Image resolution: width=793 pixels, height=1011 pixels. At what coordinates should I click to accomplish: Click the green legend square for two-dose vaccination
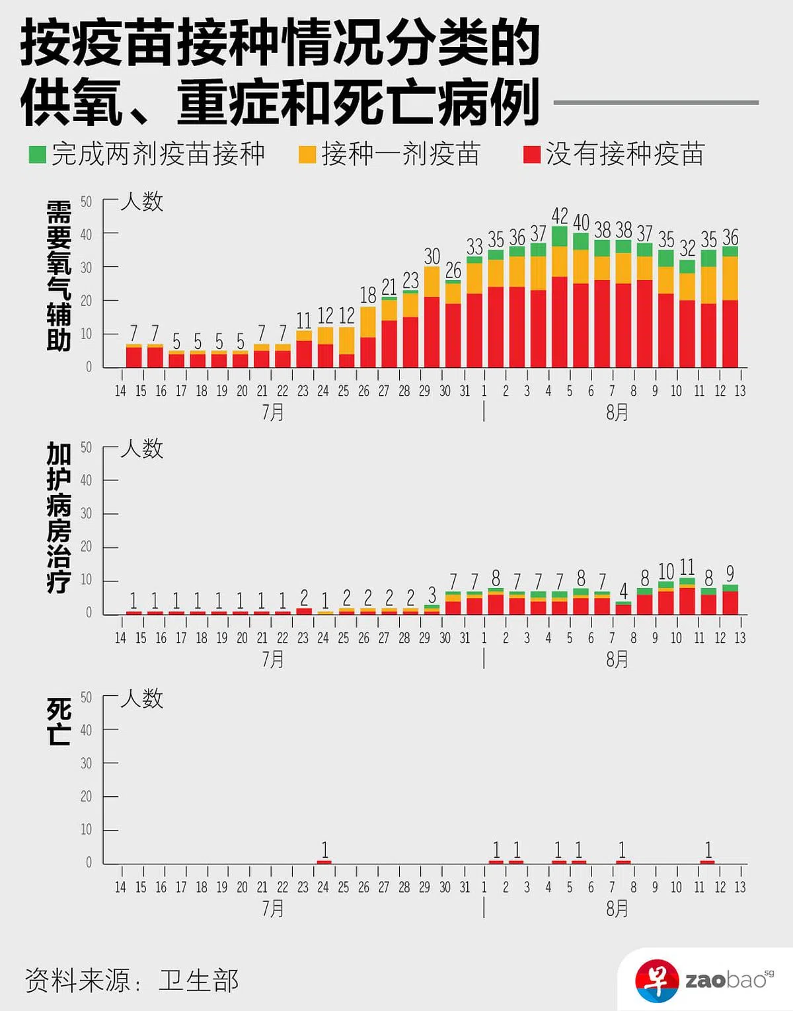(38, 155)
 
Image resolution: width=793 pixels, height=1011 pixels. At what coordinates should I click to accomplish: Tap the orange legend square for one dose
(307, 155)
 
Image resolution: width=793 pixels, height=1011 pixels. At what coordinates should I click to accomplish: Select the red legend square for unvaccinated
(532, 155)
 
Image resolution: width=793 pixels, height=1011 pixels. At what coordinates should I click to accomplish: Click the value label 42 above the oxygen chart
(560, 216)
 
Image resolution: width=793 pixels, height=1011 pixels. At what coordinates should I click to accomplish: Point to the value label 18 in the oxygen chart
(368, 295)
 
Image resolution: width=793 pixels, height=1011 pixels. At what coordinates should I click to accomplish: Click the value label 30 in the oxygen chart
(432, 256)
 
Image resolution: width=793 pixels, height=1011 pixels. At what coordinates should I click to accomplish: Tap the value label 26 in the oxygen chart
(453, 270)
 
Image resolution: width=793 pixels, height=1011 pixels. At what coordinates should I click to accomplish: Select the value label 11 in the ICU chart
(687, 567)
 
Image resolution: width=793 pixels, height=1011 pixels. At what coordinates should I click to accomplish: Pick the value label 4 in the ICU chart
(623, 591)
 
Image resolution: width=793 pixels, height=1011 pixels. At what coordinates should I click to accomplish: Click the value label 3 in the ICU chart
(432, 594)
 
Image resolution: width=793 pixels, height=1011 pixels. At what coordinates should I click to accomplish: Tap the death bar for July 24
(324, 862)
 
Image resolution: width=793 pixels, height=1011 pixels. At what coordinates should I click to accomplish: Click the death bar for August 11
(708, 862)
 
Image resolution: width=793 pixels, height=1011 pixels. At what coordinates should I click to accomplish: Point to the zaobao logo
(704, 979)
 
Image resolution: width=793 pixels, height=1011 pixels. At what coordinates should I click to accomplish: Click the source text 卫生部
(199, 981)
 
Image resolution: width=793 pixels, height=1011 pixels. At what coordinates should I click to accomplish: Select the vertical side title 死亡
(59, 722)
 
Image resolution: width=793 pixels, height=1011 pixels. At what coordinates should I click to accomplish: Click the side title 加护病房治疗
(59, 517)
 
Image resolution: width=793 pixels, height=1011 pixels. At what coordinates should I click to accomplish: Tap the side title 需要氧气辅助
(59, 276)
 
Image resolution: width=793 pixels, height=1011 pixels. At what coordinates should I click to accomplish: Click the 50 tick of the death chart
(86, 697)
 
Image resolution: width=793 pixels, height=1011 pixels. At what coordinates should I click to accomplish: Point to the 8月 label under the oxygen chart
(617, 412)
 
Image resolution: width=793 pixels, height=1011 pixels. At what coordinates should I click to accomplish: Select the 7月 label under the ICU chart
(273, 659)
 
